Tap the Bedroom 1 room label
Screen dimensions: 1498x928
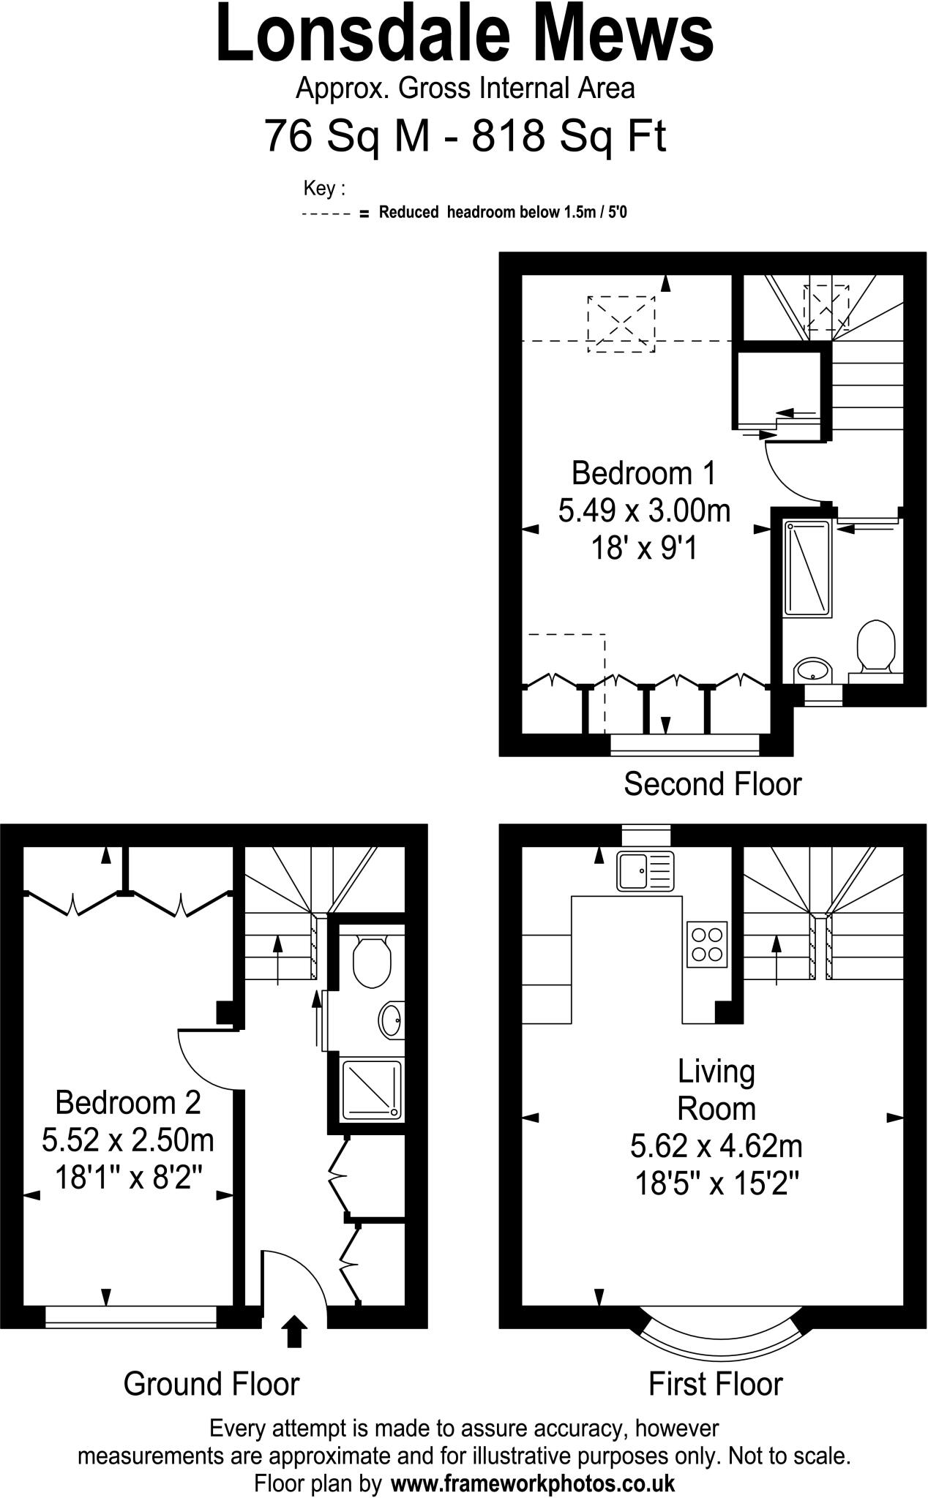click(x=643, y=473)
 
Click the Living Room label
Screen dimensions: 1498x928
click(x=716, y=1090)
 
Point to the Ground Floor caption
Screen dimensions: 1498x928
click(x=212, y=1384)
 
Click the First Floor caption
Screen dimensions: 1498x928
click(x=715, y=1384)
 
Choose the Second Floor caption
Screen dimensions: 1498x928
click(x=712, y=784)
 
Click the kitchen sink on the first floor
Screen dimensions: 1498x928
click(x=646, y=871)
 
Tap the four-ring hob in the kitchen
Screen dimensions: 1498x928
click(x=707, y=944)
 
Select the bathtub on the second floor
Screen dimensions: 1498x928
click(x=808, y=568)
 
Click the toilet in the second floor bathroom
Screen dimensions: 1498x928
click(x=876, y=647)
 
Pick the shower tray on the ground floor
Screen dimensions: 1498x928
click(x=372, y=1090)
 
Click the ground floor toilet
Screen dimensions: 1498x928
click(x=372, y=962)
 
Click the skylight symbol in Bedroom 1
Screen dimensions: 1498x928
click(x=621, y=324)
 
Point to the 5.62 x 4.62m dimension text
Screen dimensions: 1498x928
click(x=716, y=1145)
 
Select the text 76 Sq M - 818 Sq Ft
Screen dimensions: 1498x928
click(x=465, y=136)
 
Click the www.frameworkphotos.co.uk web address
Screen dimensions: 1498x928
click(x=533, y=1483)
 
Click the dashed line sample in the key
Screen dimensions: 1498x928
click(x=326, y=214)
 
